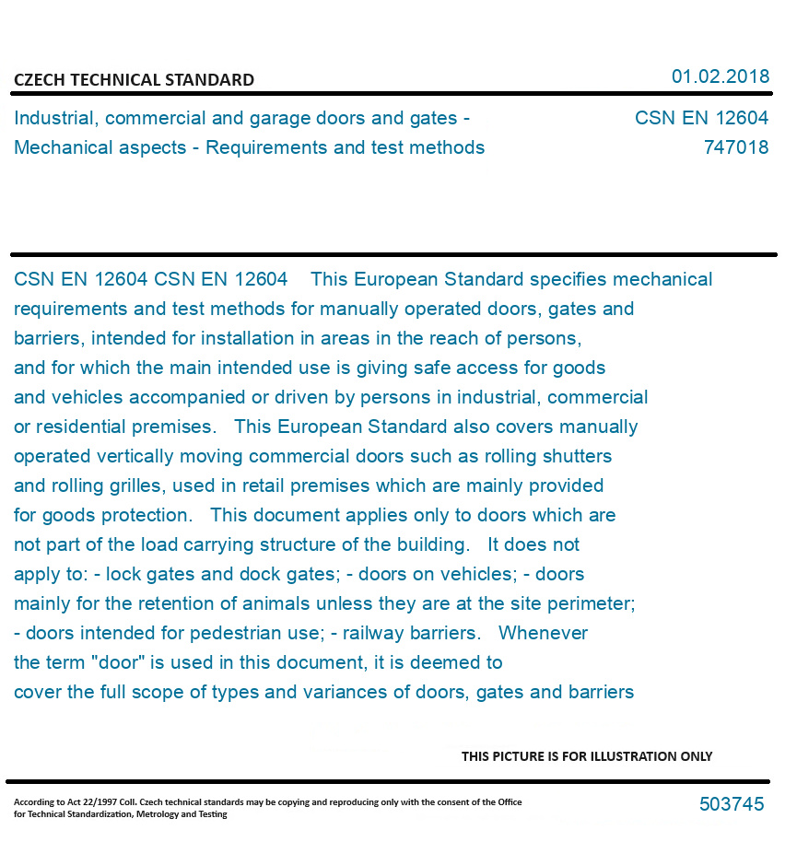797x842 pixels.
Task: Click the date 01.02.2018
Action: pyautogui.click(x=720, y=76)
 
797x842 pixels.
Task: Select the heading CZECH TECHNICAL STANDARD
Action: pyautogui.click(x=134, y=80)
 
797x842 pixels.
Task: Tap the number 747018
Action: pyautogui.click(x=735, y=147)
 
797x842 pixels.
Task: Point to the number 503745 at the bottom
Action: pyautogui.click(x=732, y=804)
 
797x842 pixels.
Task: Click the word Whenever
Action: pyautogui.click(x=543, y=633)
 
